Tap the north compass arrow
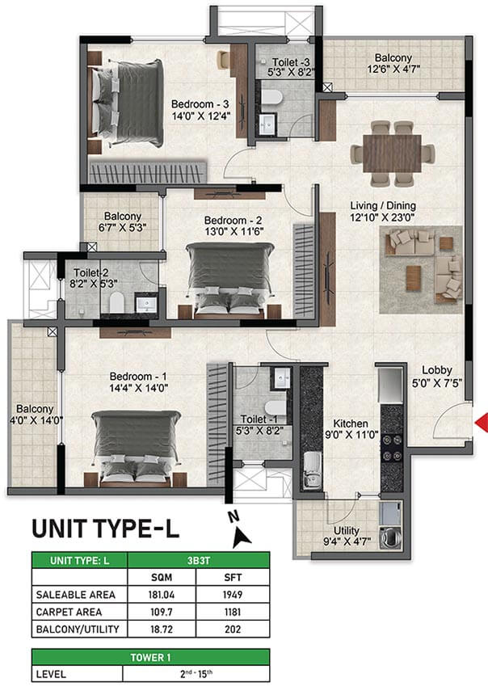tap(241, 537)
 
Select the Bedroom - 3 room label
tap(200, 104)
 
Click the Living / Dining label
tap(383, 205)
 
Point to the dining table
tap(392, 154)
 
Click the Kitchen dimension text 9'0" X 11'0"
tap(351, 435)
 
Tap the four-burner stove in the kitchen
tap(392, 448)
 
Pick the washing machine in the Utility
tap(389, 537)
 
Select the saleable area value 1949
tap(233, 595)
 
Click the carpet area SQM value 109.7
tap(162, 612)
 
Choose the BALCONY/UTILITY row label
tap(78, 629)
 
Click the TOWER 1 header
tap(150, 657)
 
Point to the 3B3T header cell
tap(199, 560)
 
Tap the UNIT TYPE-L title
tap(106, 529)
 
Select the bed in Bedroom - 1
tap(136, 448)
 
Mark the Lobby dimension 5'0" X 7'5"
tap(437, 383)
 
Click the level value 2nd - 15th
tap(196, 673)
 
